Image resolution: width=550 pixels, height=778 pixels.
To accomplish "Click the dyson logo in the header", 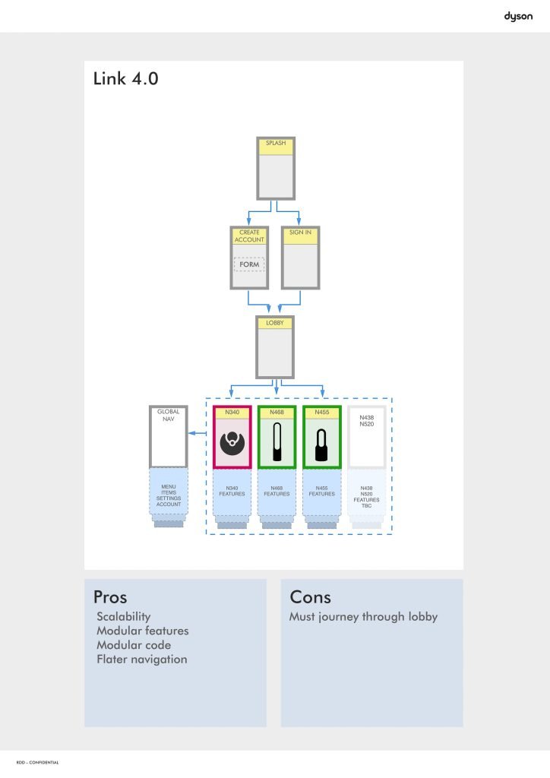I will click(518, 16).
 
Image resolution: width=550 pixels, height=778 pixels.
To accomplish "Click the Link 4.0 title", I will click(125, 78).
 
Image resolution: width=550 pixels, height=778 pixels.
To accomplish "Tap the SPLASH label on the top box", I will click(276, 143).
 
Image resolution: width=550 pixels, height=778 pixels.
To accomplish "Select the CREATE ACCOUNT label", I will click(249, 236).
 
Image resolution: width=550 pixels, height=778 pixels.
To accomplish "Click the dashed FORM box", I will click(249, 264).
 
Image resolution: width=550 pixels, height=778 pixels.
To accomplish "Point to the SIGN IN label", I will click(300, 232).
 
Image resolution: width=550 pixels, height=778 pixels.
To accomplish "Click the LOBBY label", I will click(275, 323).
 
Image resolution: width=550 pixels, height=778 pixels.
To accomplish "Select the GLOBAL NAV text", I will click(168, 415).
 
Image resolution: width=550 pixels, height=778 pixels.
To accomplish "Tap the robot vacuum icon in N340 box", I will click(232, 443).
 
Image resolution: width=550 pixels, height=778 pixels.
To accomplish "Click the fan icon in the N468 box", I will click(277, 444).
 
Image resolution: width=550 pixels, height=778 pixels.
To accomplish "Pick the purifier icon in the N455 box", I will click(322, 444).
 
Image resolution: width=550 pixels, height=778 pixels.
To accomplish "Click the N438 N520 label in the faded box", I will click(367, 419).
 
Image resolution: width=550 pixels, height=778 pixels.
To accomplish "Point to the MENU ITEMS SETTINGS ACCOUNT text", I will click(168, 495).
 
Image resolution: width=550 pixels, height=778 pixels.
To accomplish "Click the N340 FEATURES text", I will click(232, 491).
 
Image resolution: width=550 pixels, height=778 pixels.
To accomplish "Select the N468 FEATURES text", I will click(277, 491).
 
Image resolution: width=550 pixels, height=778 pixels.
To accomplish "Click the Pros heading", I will click(110, 596).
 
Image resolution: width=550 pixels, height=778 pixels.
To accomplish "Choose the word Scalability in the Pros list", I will click(124, 617).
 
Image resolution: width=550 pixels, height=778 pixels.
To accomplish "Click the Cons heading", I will click(310, 596).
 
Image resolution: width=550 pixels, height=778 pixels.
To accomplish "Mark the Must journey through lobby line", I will click(363, 617).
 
